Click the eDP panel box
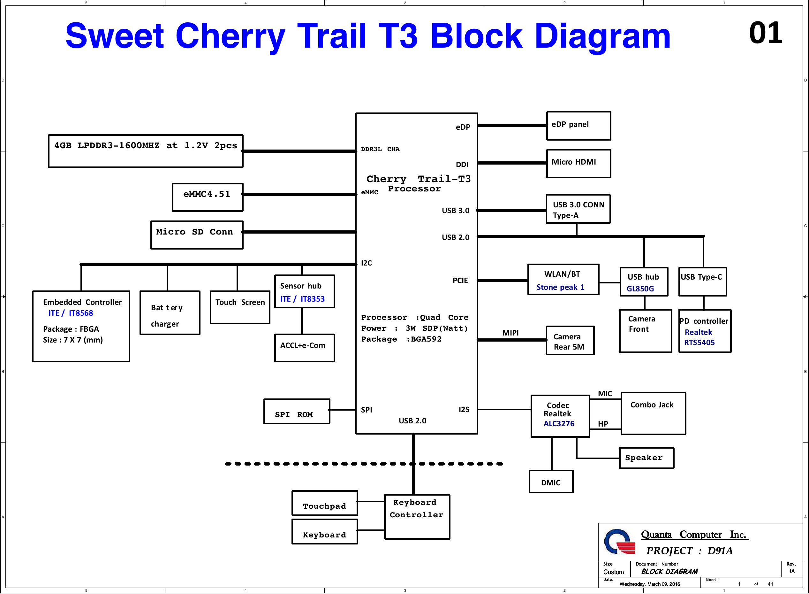click(x=578, y=126)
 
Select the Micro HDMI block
click(x=578, y=164)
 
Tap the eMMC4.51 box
click(x=208, y=197)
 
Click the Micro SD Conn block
click(x=197, y=235)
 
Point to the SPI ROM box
click(x=297, y=411)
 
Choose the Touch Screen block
click(x=240, y=307)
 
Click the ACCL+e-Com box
click(x=305, y=348)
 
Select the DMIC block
click(x=551, y=482)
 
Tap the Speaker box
click(x=646, y=458)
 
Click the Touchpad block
click(x=325, y=503)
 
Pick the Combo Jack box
click(x=654, y=413)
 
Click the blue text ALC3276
click(x=559, y=424)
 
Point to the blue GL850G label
click(x=640, y=289)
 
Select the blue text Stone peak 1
click(x=560, y=287)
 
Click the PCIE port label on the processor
click(x=460, y=281)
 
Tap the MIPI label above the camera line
click(x=510, y=333)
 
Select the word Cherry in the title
click(x=230, y=36)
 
